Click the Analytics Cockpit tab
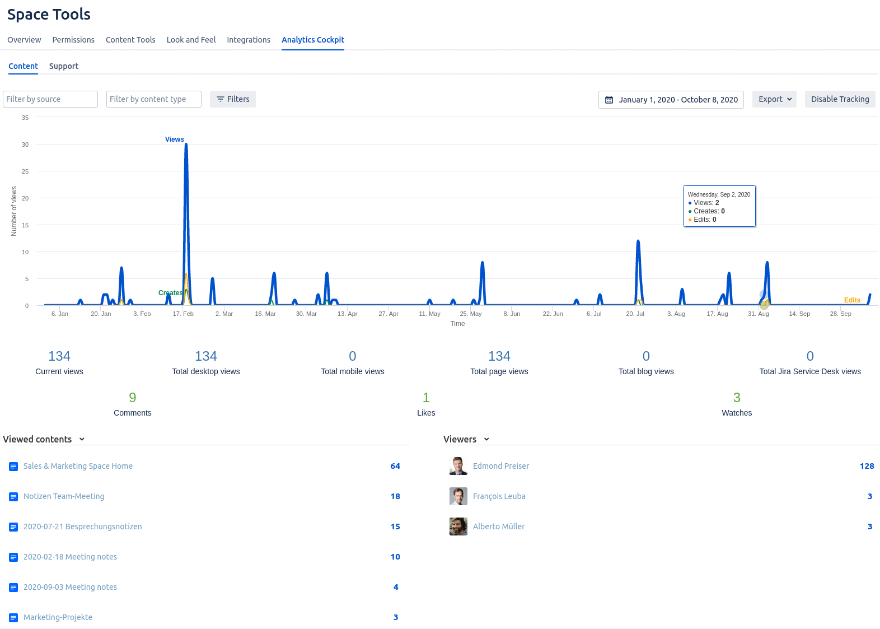click(x=312, y=40)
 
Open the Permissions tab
click(x=73, y=40)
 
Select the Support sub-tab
click(x=64, y=66)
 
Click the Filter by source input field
click(x=50, y=99)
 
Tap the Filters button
click(x=233, y=99)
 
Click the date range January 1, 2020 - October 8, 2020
click(x=671, y=100)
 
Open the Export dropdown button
click(x=774, y=99)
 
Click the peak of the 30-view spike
click(x=186, y=145)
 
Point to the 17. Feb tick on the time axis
click(x=183, y=314)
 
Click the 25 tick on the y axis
click(x=25, y=171)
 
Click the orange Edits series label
click(x=852, y=300)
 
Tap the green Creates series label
click(x=170, y=293)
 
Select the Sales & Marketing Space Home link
click(x=78, y=466)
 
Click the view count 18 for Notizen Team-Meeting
click(x=395, y=496)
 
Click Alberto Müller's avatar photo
click(x=458, y=527)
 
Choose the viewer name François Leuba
click(x=499, y=496)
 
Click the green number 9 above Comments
click(x=133, y=398)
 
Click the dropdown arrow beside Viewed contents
click(x=82, y=439)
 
